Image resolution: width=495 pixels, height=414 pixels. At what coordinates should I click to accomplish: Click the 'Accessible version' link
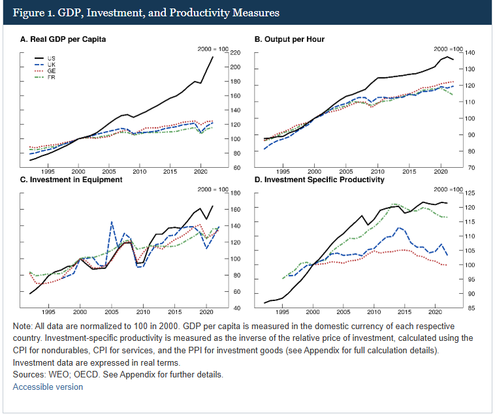[48, 387]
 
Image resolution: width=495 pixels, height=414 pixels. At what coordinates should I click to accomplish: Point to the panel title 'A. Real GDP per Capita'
[63, 39]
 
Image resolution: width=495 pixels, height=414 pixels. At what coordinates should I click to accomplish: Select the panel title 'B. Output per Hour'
[289, 39]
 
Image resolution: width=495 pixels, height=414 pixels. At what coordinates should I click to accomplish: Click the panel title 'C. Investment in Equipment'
[71, 180]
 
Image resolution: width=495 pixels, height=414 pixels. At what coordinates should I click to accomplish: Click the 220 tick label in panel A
[236, 53]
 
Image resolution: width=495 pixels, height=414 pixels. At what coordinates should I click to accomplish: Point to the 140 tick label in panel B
[469, 53]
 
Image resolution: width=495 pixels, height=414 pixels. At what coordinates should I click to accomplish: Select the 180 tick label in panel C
[236, 193]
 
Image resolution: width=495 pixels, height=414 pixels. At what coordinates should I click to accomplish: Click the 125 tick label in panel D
[469, 193]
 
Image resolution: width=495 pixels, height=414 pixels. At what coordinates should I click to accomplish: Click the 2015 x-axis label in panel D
[405, 311]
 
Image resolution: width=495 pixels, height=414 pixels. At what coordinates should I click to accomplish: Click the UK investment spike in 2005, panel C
[112, 222]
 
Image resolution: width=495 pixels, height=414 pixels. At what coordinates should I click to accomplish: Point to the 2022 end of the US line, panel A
[212, 57]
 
